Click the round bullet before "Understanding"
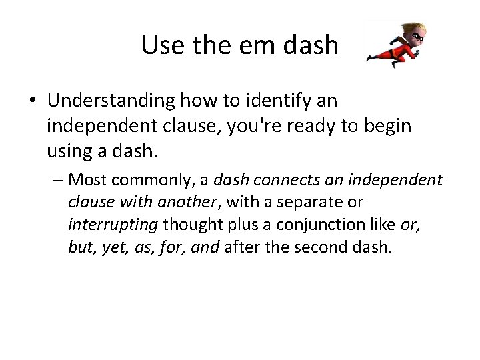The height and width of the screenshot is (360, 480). point(33,102)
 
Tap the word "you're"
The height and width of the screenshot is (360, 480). point(202,127)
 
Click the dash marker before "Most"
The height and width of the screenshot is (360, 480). point(59,180)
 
